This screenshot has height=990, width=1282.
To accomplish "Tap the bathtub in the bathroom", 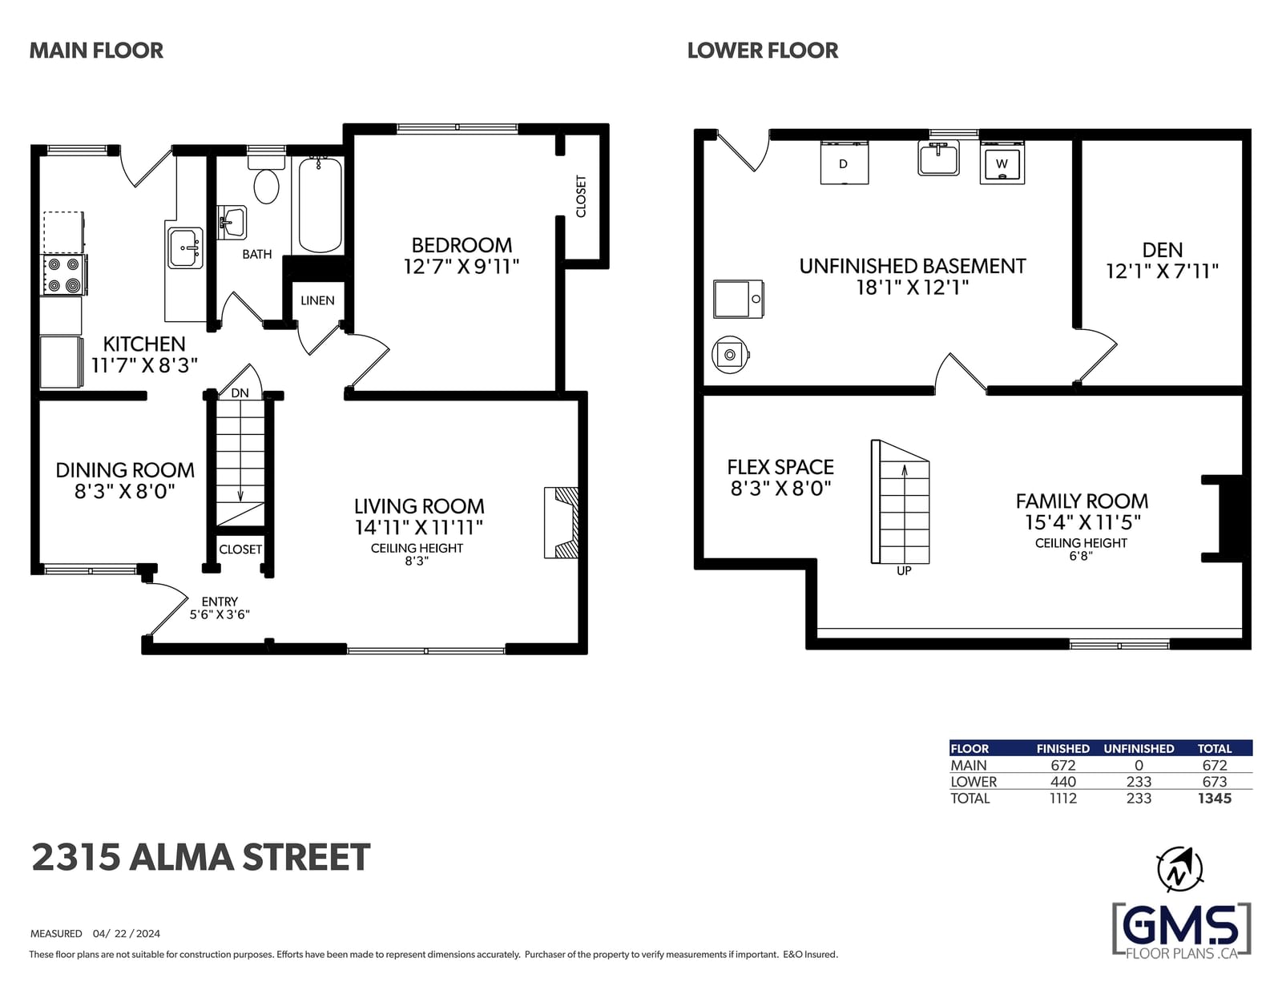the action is pos(320,204).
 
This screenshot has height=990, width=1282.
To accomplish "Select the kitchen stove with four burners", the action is pos(64,275).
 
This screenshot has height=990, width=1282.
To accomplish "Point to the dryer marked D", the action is pos(845,163).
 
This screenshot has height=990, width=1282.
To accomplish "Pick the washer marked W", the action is pos(1002,163).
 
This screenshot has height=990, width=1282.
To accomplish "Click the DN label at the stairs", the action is pos(240,392).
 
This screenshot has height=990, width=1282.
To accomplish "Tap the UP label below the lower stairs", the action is pos(904,571).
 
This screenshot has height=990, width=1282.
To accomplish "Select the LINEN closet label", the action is pos(317,300).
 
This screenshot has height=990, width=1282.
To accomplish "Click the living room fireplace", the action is pos(561,522).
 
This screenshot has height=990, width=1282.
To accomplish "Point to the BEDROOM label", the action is pos(462,245).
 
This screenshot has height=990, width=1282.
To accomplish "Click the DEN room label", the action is pos(1163,250).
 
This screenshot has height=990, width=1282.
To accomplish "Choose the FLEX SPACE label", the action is pos(780,468).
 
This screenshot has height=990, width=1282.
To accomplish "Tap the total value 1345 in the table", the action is pos(1215,799).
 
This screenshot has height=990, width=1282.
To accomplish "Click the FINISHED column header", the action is pos(1063,749).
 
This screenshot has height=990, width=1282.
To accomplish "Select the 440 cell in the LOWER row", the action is pos(1063,782).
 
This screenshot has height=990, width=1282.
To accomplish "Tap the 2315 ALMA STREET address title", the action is pos(200,857).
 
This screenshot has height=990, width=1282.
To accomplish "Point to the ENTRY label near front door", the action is pos(220,602).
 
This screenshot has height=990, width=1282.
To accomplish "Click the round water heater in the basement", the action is pos(731,355).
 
